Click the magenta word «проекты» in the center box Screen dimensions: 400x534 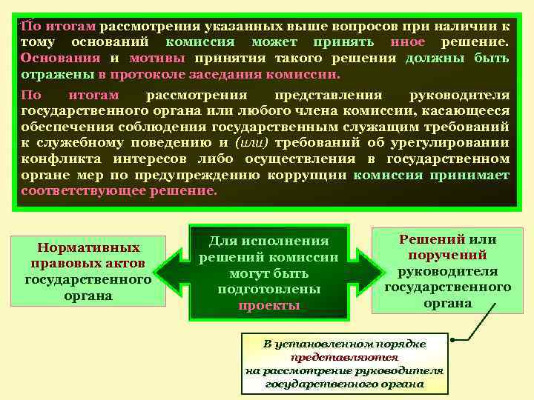point(269,305)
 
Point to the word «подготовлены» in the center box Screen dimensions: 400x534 point(269,289)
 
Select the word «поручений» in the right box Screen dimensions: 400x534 point(448,256)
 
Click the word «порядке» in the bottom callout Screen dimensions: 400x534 point(400,343)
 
